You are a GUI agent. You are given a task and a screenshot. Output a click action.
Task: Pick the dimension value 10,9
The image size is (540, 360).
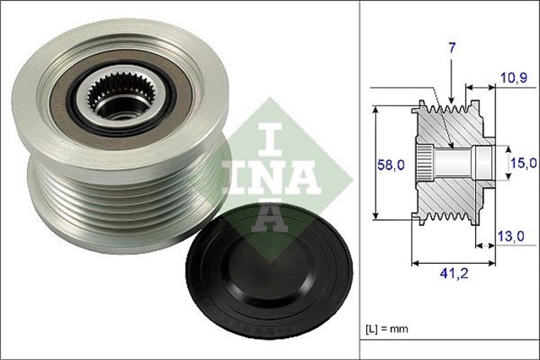tap(513, 78)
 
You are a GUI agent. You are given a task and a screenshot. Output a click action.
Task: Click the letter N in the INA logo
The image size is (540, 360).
tap(271, 175)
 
